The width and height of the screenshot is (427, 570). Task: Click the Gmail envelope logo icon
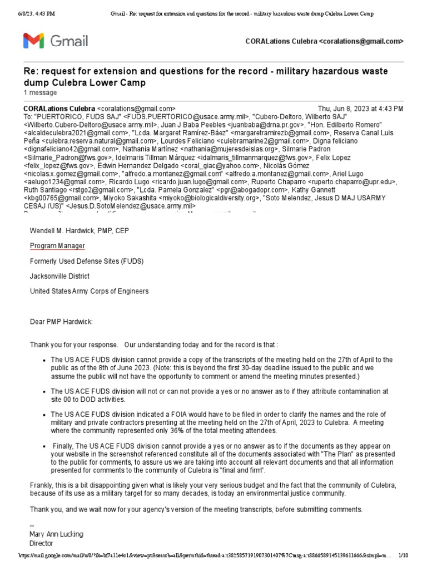33,41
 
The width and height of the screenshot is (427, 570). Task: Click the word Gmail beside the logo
69,41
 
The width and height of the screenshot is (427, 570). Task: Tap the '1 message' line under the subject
39,92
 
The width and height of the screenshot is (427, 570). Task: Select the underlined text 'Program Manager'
57,245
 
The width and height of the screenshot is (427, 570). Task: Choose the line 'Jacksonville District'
59,276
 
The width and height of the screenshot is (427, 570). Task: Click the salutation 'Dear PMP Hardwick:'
62,321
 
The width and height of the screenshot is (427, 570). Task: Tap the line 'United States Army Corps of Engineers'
89,291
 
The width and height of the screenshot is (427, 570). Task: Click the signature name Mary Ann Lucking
56,534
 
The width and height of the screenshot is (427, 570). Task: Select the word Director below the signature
41,543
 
